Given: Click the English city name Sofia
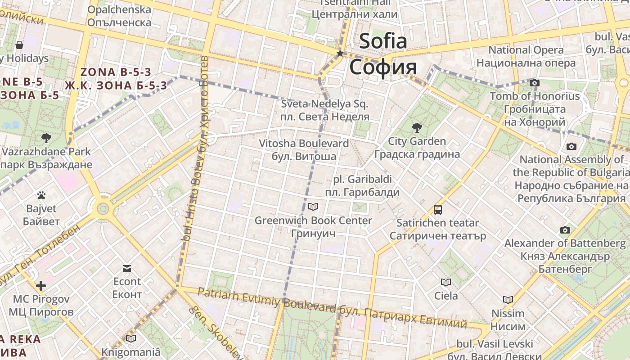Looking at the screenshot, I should coord(383,41).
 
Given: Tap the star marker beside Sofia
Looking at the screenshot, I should coord(340,54).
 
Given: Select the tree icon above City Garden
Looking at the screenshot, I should coord(417,128).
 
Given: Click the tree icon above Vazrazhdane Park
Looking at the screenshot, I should coord(46,138).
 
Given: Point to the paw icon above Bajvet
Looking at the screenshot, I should coord(41,195).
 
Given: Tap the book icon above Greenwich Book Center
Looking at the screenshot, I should coord(313,207).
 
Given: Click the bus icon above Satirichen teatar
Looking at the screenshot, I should coord(437,209).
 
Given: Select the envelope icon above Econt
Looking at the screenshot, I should coord(127,269).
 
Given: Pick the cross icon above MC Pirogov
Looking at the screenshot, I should coord(41,286).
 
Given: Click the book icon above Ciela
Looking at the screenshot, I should coord(446,282).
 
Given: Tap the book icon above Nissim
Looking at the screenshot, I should coord(508,300).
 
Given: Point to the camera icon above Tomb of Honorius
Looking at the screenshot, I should coord(535,83).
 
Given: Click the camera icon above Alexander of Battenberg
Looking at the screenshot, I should coord(565,230).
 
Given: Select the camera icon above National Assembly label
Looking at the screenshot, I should coord(571,146).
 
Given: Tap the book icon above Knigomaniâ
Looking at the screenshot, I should coord(131,338).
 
